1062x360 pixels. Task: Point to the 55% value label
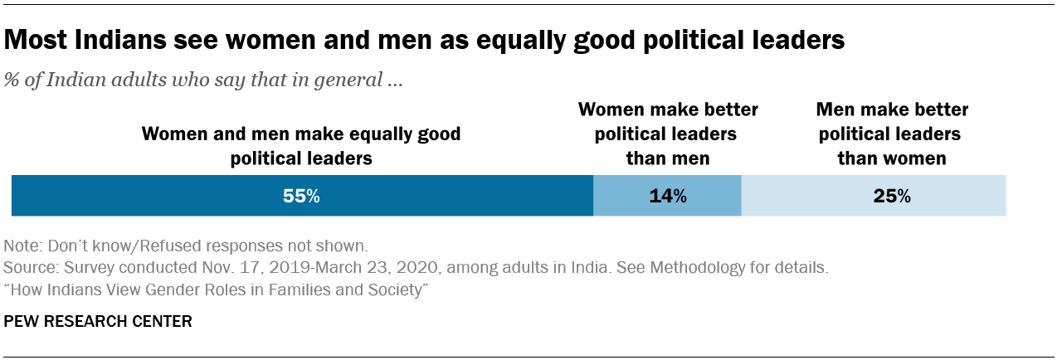302,197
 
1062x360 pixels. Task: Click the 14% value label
668,197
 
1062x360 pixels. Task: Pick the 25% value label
892,197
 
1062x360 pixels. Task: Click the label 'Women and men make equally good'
301,134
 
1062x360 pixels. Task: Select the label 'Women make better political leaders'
668,122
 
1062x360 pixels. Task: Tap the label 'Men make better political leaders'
892,122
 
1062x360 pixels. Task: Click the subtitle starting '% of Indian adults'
203,81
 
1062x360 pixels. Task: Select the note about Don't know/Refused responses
185,247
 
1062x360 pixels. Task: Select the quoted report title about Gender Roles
216,290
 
